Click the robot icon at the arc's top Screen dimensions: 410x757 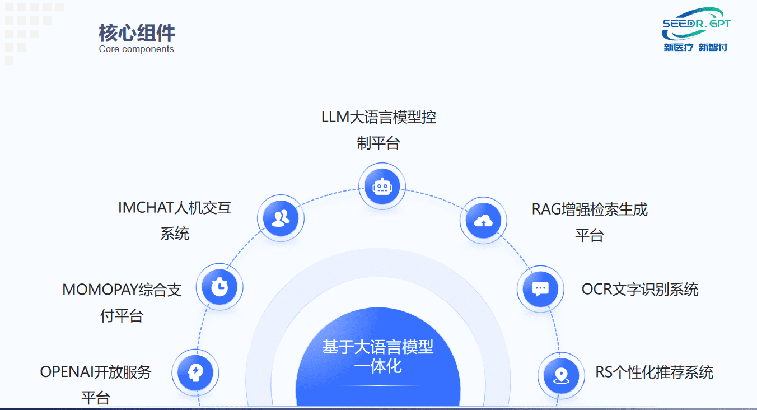[382, 186]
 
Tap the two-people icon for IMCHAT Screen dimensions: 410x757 [281, 218]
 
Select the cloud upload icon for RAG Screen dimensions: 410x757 [483, 221]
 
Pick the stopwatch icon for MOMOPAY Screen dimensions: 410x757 [219, 287]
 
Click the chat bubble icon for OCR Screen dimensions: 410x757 [540, 289]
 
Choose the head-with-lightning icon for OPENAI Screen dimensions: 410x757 [195, 372]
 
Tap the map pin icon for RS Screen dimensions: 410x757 [562, 375]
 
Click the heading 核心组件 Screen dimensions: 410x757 [137, 33]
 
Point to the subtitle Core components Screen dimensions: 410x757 [137, 49]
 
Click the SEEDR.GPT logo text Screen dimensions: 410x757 [696, 24]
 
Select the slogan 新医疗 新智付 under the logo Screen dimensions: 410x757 [695, 48]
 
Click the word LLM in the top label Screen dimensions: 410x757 [335, 118]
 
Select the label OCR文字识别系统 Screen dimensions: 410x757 [640, 290]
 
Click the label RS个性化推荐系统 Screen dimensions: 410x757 [655, 372]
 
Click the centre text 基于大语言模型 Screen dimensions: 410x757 [378, 347]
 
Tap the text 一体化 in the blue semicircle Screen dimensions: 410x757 [378, 367]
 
